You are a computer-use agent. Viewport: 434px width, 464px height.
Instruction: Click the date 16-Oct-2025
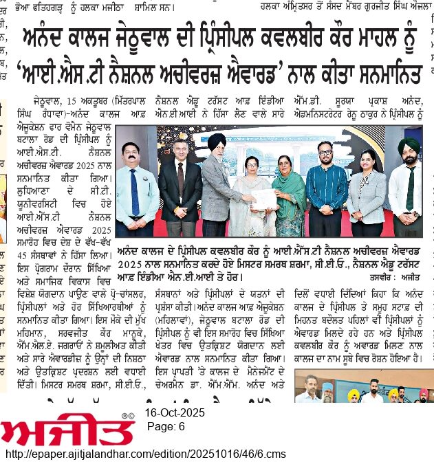click(175, 413)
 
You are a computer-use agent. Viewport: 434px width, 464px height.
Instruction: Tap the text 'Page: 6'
click(166, 427)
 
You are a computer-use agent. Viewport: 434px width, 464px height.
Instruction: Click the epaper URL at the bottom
click(145, 454)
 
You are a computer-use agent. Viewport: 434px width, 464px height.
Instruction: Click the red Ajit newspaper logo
click(67, 429)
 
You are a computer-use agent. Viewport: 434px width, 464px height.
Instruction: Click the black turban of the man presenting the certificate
click(218, 140)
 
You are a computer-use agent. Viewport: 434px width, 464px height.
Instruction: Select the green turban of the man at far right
click(409, 145)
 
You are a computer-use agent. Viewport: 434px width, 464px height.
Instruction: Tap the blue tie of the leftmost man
click(135, 192)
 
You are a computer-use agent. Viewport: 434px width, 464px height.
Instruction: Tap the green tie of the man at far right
click(410, 189)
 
